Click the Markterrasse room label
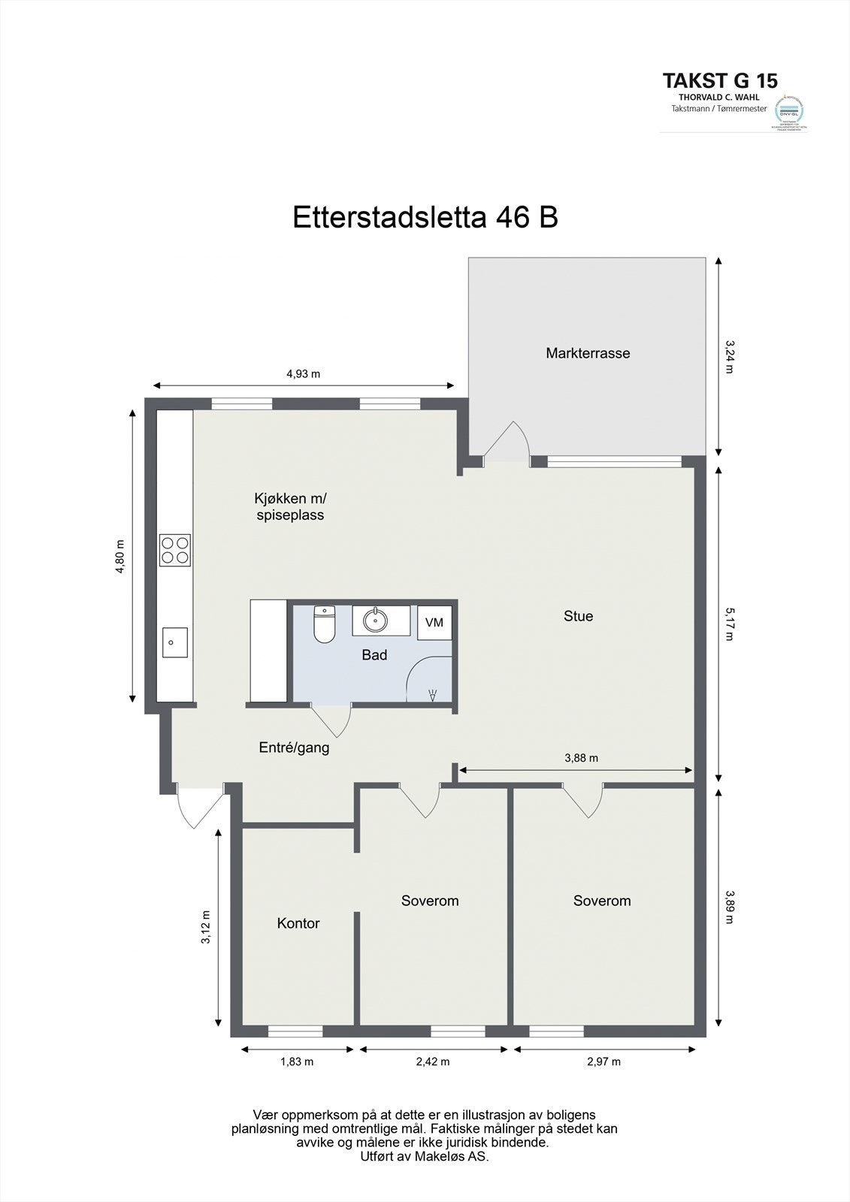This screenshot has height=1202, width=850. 588,353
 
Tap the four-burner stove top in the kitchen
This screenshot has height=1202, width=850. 174,549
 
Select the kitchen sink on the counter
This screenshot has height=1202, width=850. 174,642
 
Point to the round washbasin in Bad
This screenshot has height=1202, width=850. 374,621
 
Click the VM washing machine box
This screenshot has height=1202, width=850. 434,622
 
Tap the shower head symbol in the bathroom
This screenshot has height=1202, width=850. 432,696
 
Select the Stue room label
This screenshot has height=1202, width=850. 579,616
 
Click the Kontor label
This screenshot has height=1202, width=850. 298,923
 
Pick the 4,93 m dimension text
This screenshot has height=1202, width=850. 304,373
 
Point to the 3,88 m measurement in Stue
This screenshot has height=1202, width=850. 582,758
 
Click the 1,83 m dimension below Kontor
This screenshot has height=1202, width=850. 297,1062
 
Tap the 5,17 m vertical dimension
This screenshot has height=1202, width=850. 728,625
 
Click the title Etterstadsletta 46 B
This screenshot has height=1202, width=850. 425,218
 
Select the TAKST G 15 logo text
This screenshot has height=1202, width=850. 720,80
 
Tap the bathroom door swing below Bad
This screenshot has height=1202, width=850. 333,720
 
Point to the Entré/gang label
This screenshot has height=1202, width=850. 294,747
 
